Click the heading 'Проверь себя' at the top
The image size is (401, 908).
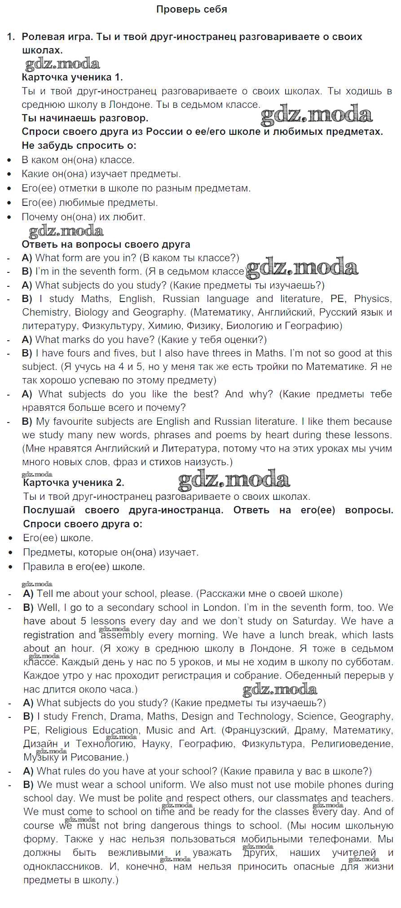[191, 9]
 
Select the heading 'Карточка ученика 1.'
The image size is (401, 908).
[72, 77]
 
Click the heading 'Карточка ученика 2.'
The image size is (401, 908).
[73, 483]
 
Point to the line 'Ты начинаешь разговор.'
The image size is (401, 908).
[85, 118]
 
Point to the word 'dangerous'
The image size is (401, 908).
[178, 826]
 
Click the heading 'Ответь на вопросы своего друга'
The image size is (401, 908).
[106, 245]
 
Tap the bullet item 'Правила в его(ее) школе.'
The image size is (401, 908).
[84, 566]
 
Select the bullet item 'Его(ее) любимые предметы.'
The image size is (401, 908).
[90, 203]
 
